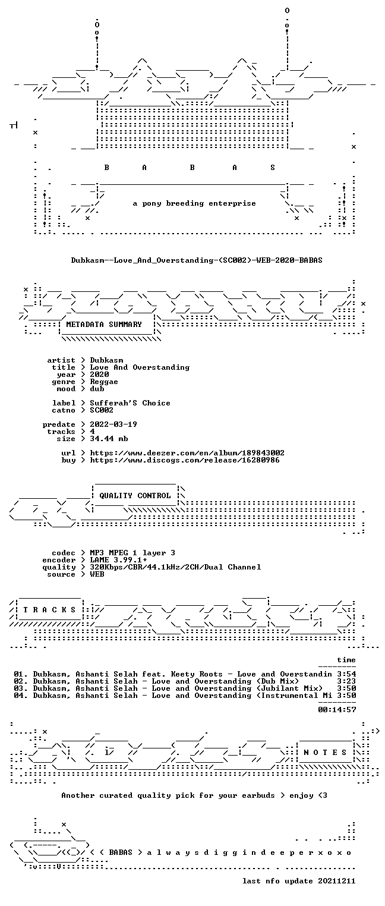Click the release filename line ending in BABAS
pos(197,260)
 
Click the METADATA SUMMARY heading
pos(104,325)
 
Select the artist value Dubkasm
pos(106,360)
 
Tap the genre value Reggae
pos(104,382)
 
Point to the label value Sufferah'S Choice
pos(130,403)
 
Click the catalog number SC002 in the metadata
pos(102,410)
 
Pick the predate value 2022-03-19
pos(113,424)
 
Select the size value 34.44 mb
pos(109,439)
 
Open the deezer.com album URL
pos(187,453)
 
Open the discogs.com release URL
pos(184,460)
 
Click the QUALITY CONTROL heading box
pos(135,495)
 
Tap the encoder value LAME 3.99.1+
pos(118,560)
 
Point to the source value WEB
pos(97,574)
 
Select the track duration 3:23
pos(346,681)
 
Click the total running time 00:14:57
pos(337,709)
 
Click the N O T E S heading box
pos(325,752)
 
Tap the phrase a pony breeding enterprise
pos(194,203)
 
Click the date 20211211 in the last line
pos(337,881)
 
